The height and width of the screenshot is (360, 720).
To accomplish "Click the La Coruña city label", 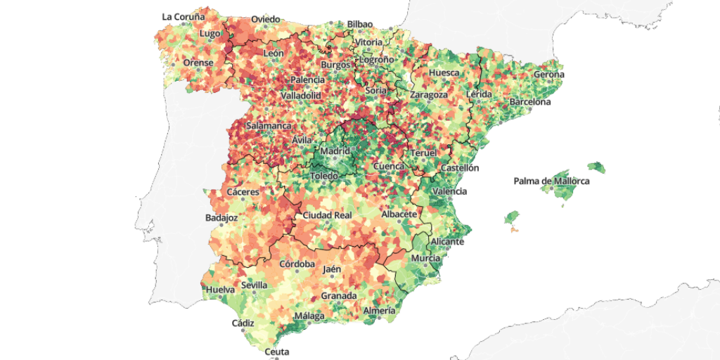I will coord(184,16).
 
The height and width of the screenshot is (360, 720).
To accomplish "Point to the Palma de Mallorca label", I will coord(551,181).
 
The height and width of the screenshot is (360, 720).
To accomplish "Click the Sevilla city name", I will coord(254,285).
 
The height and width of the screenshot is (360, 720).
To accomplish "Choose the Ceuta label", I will coord(277,352).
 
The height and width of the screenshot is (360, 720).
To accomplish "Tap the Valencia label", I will coord(450,191).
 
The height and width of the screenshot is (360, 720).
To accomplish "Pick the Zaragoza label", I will coord(429,95).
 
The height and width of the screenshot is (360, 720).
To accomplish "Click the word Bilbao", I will coord(359,24).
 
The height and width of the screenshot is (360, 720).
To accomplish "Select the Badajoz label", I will coord(222,218).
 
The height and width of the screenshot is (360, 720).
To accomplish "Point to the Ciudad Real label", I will coord(327,215).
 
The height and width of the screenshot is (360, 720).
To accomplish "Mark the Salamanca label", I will coord(269,126).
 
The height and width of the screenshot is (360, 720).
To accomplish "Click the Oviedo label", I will coord(265,19).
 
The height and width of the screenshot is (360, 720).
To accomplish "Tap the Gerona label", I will coord(548,75).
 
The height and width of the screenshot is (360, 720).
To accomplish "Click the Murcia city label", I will coord(426,259).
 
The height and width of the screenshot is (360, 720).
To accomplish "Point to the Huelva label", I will coord(220,289).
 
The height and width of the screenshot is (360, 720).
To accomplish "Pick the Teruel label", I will coord(424,153).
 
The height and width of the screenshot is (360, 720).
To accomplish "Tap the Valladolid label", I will coord(301,95).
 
